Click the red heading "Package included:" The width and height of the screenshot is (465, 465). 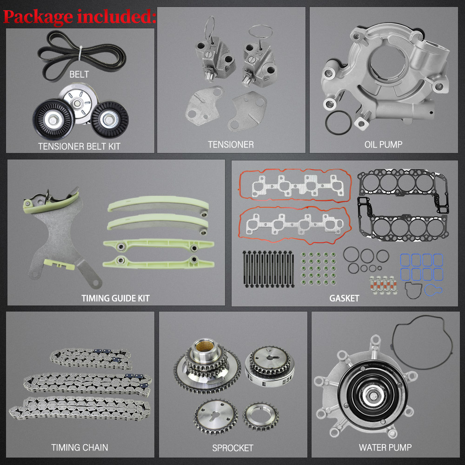point(80,17)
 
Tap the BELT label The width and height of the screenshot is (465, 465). point(79,74)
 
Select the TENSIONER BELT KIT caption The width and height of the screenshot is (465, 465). point(79,146)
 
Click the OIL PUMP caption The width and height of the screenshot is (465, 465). point(383,145)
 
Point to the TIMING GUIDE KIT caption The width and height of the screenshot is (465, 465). point(116,298)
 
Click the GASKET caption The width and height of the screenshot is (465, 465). point(344,298)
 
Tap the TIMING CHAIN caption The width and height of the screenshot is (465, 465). point(80,447)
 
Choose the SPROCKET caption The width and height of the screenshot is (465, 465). point(233,448)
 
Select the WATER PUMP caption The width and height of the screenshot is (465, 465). point(385,447)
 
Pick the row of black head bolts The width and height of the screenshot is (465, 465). point(268,269)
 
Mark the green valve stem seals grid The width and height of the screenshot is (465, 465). point(318,269)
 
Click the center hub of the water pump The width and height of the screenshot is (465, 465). point(372,395)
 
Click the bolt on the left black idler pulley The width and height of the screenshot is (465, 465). point(53,120)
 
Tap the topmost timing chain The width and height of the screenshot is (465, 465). point(91,359)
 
